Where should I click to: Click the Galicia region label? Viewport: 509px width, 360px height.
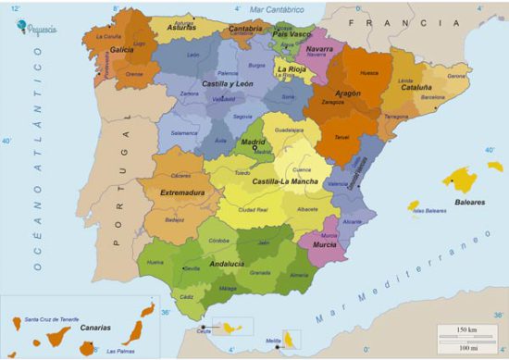coord(120,50)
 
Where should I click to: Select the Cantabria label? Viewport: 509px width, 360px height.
coord(245,29)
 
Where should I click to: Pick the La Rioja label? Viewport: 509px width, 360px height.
coord(292,68)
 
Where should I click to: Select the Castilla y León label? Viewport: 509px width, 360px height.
coord(229,84)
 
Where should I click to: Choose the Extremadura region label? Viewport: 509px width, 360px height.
coord(181,192)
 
